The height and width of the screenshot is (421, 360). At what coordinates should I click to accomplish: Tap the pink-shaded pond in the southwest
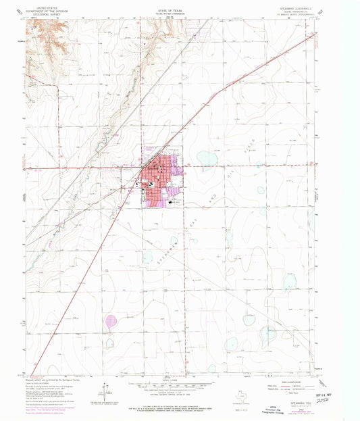click(111, 320)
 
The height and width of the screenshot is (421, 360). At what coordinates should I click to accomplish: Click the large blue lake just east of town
click(207, 159)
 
